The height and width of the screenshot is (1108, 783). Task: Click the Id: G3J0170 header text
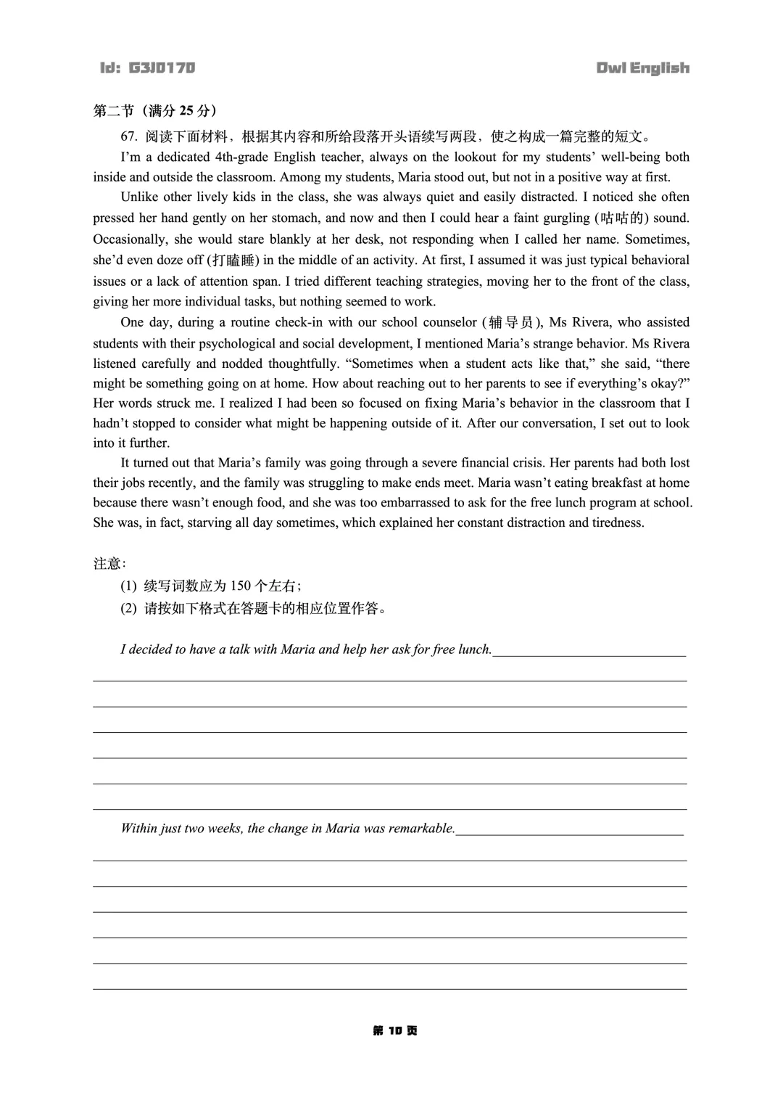(148, 68)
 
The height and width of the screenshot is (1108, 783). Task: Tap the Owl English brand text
(642, 68)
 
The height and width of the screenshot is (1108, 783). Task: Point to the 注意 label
(107, 564)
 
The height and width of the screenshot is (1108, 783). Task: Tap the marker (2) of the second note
(128, 609)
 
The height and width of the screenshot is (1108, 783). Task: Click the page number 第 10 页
(395, 1031)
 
